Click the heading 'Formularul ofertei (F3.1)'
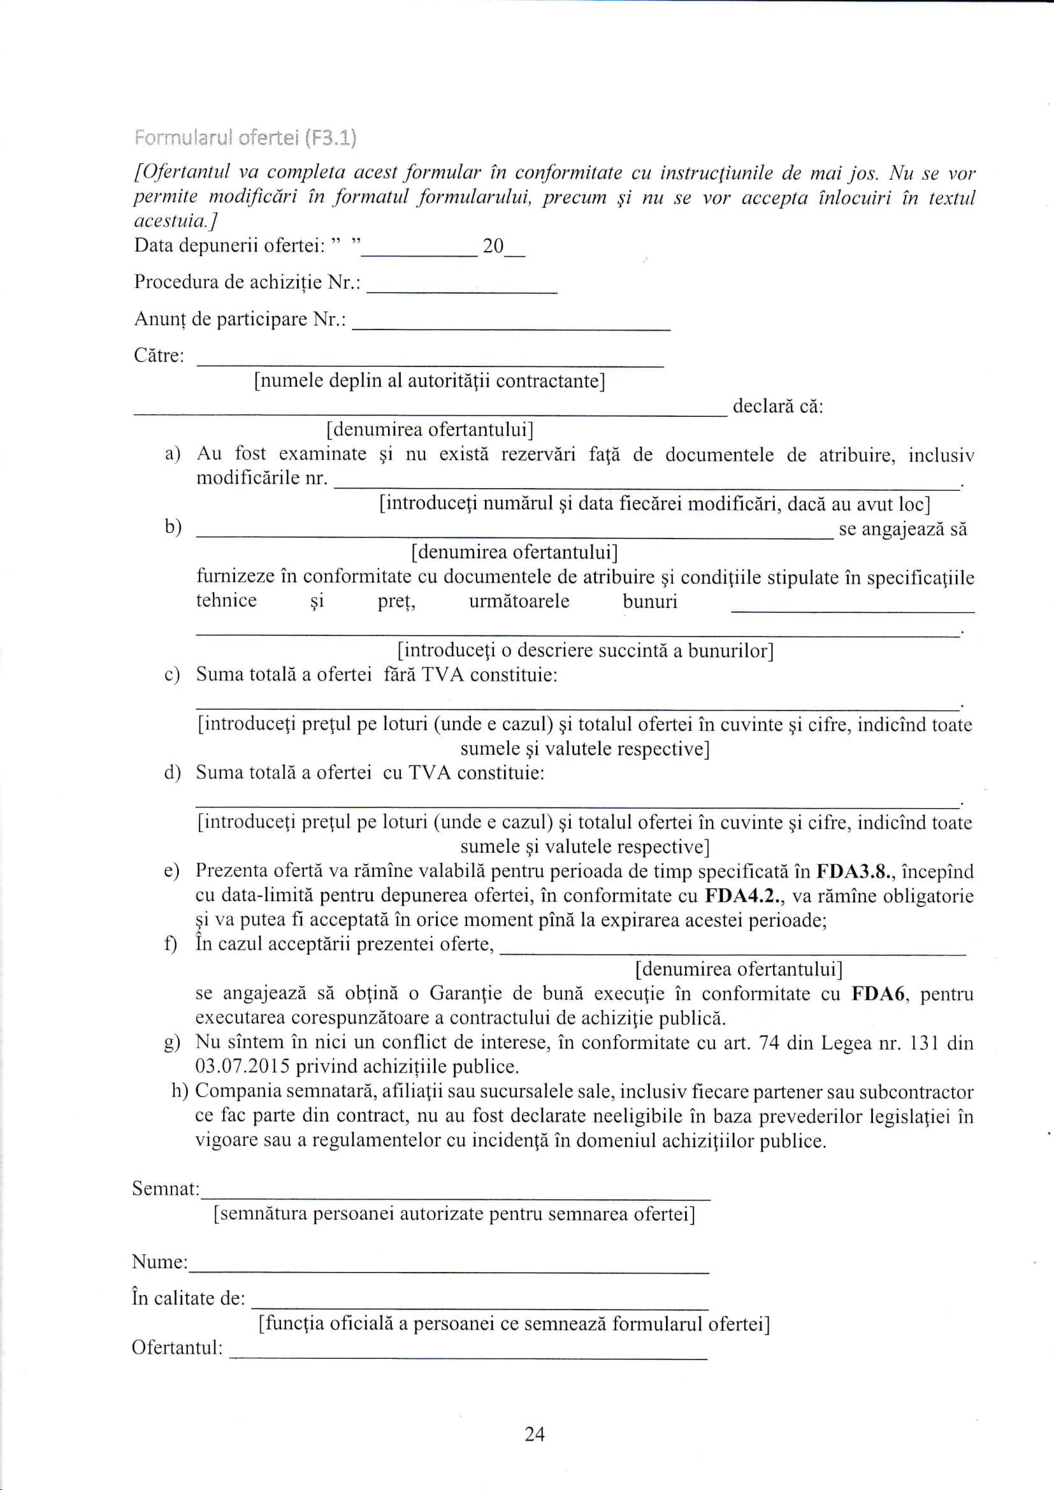click(245, 138)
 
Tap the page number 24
click(534, 1433)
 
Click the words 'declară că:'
click(777, 407)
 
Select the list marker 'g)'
click(172, 1043)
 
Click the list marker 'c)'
click(172, 676)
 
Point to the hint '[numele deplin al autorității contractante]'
click(430, 381)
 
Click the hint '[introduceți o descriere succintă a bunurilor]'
click(586, 650)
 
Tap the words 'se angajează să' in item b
click(903, 530)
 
